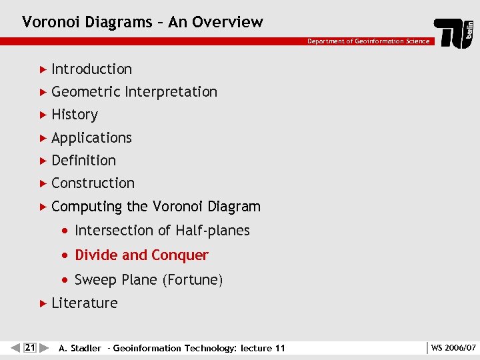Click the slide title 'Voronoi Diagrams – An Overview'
tap(143, 22)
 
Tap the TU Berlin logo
tap(454, 33)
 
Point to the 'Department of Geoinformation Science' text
tap(368, 41)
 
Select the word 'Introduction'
tap(91, 69)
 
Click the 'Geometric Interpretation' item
tap(134, 92)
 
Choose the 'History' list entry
tap(75, 115)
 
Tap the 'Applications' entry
tap(91, 138)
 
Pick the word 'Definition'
tap(83, 161)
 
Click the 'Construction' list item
tap(93, 183)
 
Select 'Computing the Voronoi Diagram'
tap(155, 207)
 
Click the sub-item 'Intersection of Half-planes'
tap(162, 231)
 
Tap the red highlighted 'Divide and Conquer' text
tap(141, 255)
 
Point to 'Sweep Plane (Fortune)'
tap(149, 280)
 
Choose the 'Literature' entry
tap(84, 303)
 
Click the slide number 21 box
tap(29, 347)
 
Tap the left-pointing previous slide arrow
tap(15, 347)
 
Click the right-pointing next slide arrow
tap(44, 347)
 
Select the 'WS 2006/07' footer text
tap(453, 348)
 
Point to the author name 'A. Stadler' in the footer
tap(80, 348)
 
